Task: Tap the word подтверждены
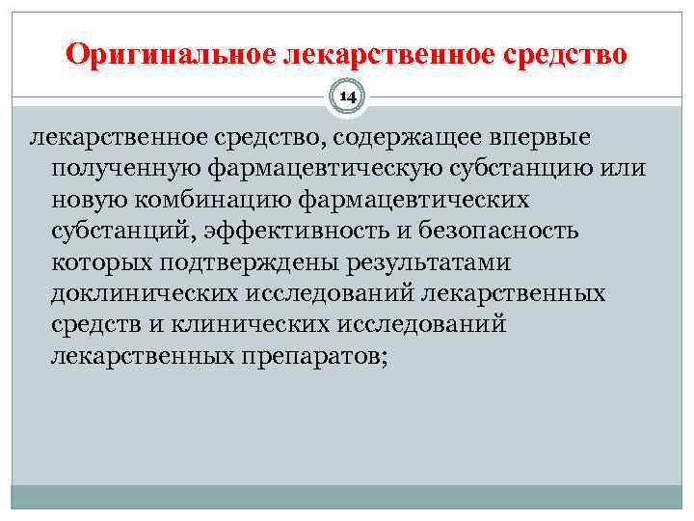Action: pyautogui.click(x=236, y=262)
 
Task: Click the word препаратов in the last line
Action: pyautogui.click(x=307, y=356)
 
